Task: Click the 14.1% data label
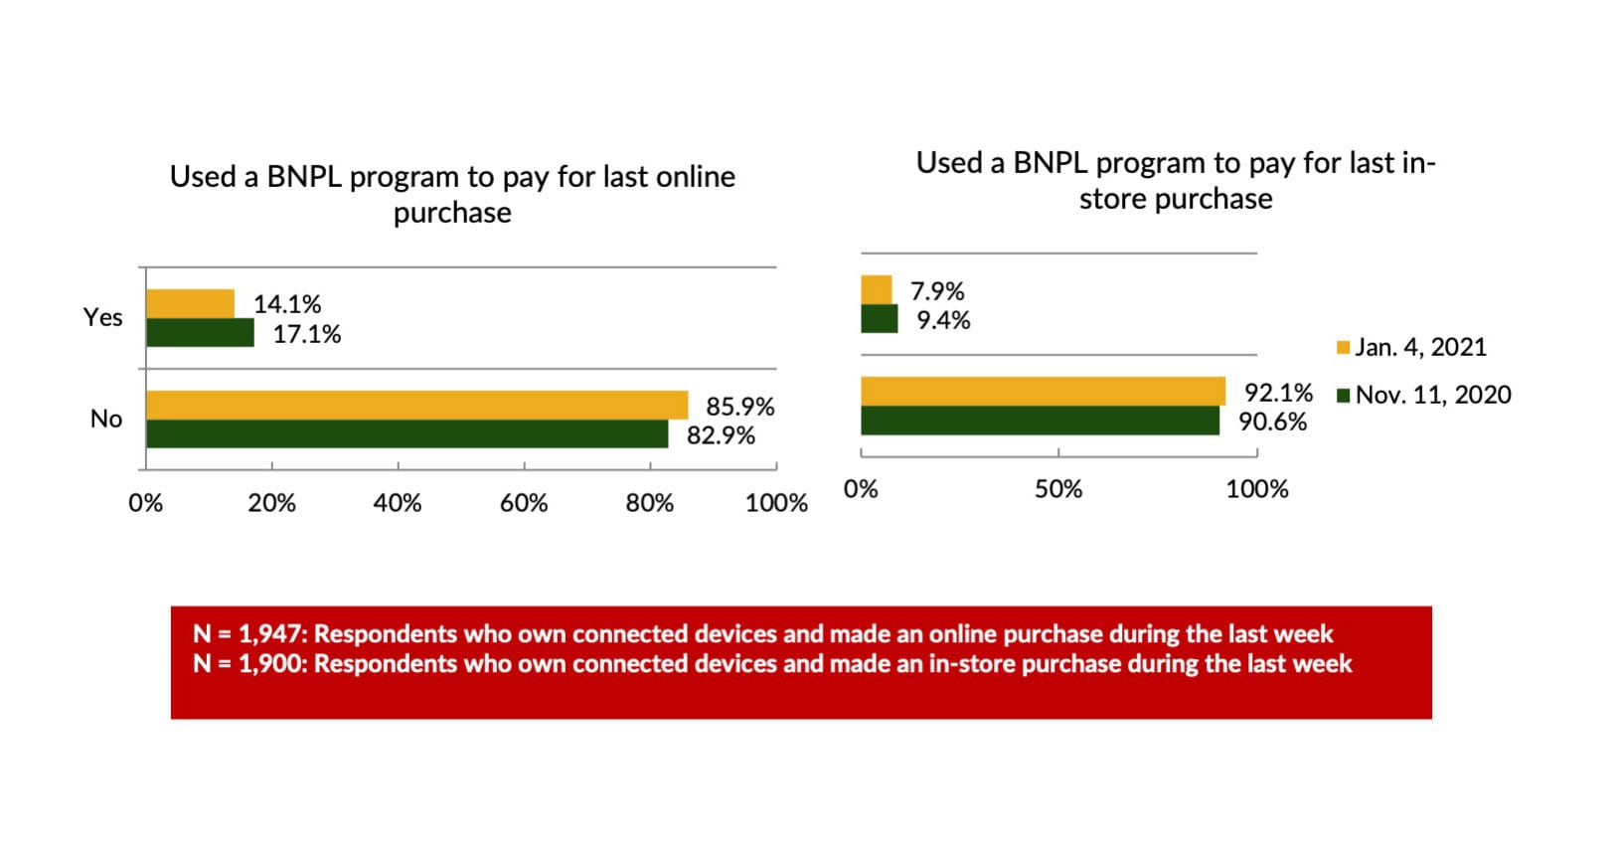(287, 304)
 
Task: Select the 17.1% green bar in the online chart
(200, 333)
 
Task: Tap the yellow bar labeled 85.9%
(416, 405)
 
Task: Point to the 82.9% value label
(721, 435)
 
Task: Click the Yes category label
(102, 317)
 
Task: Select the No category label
(106, 419)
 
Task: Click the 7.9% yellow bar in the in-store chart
(877, 290)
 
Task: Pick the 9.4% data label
(943, 320)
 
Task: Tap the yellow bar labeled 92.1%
(1043, 391)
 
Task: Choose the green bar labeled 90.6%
(1040, 421)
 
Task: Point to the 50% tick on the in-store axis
(1058, 489)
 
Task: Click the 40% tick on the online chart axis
(398, 503)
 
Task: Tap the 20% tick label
(271, 503)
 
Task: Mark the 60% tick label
(524, 503)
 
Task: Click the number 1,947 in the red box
(269, 634)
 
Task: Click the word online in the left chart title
(694, 177)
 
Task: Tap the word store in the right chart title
(1111, 199)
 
